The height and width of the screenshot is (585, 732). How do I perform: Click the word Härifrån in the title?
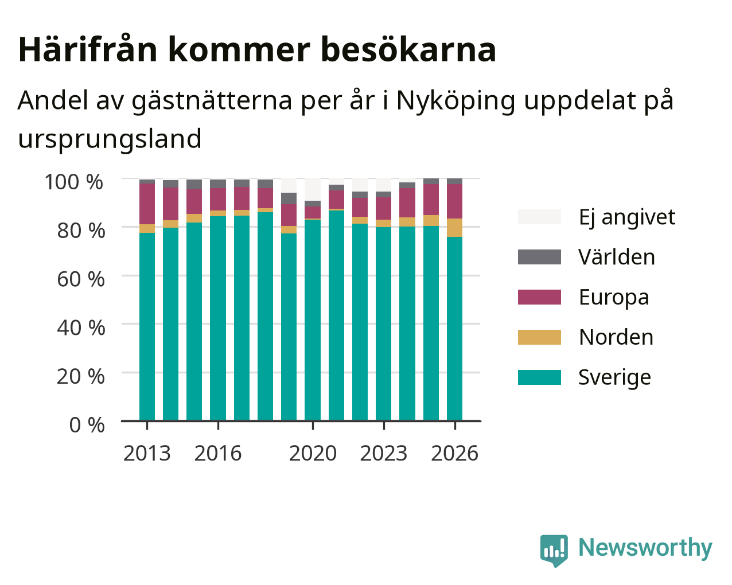click(88, 50)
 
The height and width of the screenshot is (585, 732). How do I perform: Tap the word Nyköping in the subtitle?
click(455, 101)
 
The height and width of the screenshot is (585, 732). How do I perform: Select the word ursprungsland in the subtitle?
click(110, 139)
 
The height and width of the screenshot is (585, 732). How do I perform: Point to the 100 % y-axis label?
click(74, 182)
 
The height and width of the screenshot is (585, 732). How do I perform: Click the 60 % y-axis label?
click(81, 279)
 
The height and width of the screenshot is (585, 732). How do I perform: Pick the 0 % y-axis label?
click(87, 425)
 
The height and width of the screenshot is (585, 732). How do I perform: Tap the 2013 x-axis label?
click(147, 453)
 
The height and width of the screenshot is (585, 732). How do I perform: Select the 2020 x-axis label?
click(313, 453)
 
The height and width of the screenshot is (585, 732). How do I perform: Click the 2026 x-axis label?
click(455, 453)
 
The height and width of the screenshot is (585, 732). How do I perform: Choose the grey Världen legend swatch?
click(539, 257)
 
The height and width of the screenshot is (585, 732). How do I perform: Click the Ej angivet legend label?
click(627, 217)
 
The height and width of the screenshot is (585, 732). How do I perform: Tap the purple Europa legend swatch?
click(539, 297)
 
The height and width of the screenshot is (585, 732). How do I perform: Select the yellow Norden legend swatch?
click(539, 337)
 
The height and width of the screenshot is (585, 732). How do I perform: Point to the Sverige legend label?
click(614, 377)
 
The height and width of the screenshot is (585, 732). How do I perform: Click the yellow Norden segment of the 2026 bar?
click(454, 228)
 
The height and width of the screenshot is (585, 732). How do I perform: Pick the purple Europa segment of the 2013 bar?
click(147, 204)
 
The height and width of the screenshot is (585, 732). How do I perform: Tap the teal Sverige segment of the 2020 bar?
click(313, 320)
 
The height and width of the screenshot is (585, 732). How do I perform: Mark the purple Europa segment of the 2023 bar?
click(383, 208)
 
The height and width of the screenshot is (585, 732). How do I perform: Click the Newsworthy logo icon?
click(554, 551)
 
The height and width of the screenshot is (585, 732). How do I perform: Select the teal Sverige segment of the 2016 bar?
click(218, 318)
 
